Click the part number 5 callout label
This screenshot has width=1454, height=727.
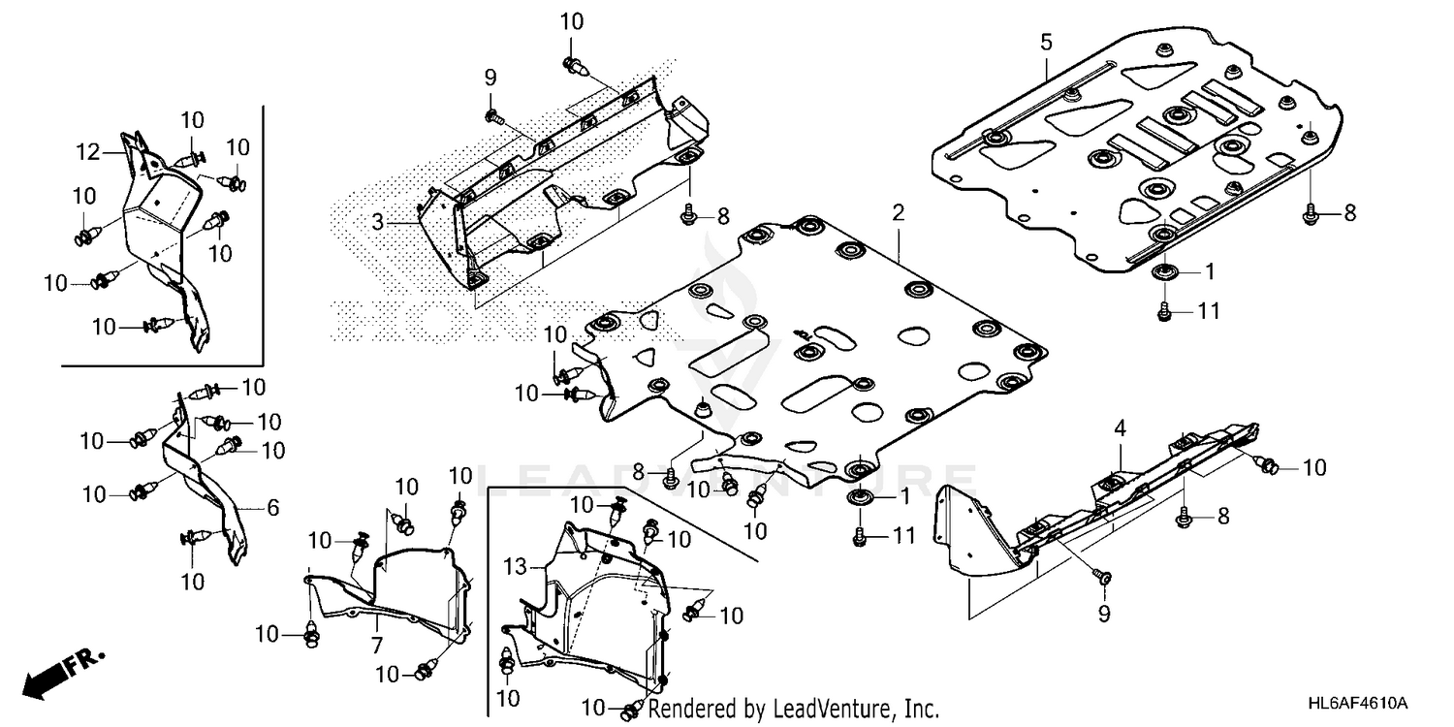[1046, 42]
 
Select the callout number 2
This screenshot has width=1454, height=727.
[899, 211]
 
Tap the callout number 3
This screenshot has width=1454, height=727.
[378, 222]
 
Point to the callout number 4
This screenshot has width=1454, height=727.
[1120, 427]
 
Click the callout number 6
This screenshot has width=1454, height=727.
[272, 507]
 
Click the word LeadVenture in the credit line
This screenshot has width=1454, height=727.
[817, 710]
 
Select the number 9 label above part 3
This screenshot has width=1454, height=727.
[490, 77]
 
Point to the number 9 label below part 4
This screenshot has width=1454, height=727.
[1104, 613]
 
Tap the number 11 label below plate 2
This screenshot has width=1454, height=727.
[902, 535]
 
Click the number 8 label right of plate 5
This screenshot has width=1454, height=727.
[1348, 214]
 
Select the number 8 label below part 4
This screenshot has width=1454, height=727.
[1223, 518]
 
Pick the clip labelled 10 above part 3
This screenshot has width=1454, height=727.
[572, 65]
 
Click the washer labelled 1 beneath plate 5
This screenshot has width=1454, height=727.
[1161, 271]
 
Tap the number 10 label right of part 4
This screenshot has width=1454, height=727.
[1312, 468]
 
